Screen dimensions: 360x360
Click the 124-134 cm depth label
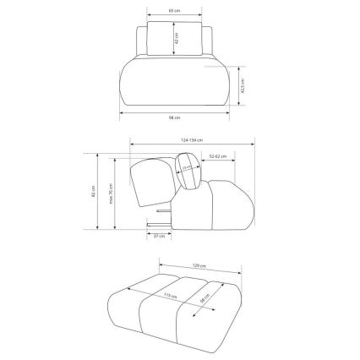(x=192, y=139)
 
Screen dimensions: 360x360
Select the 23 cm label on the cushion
(x=188, y=169)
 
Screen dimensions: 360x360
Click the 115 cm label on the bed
(x=169, y=297)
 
